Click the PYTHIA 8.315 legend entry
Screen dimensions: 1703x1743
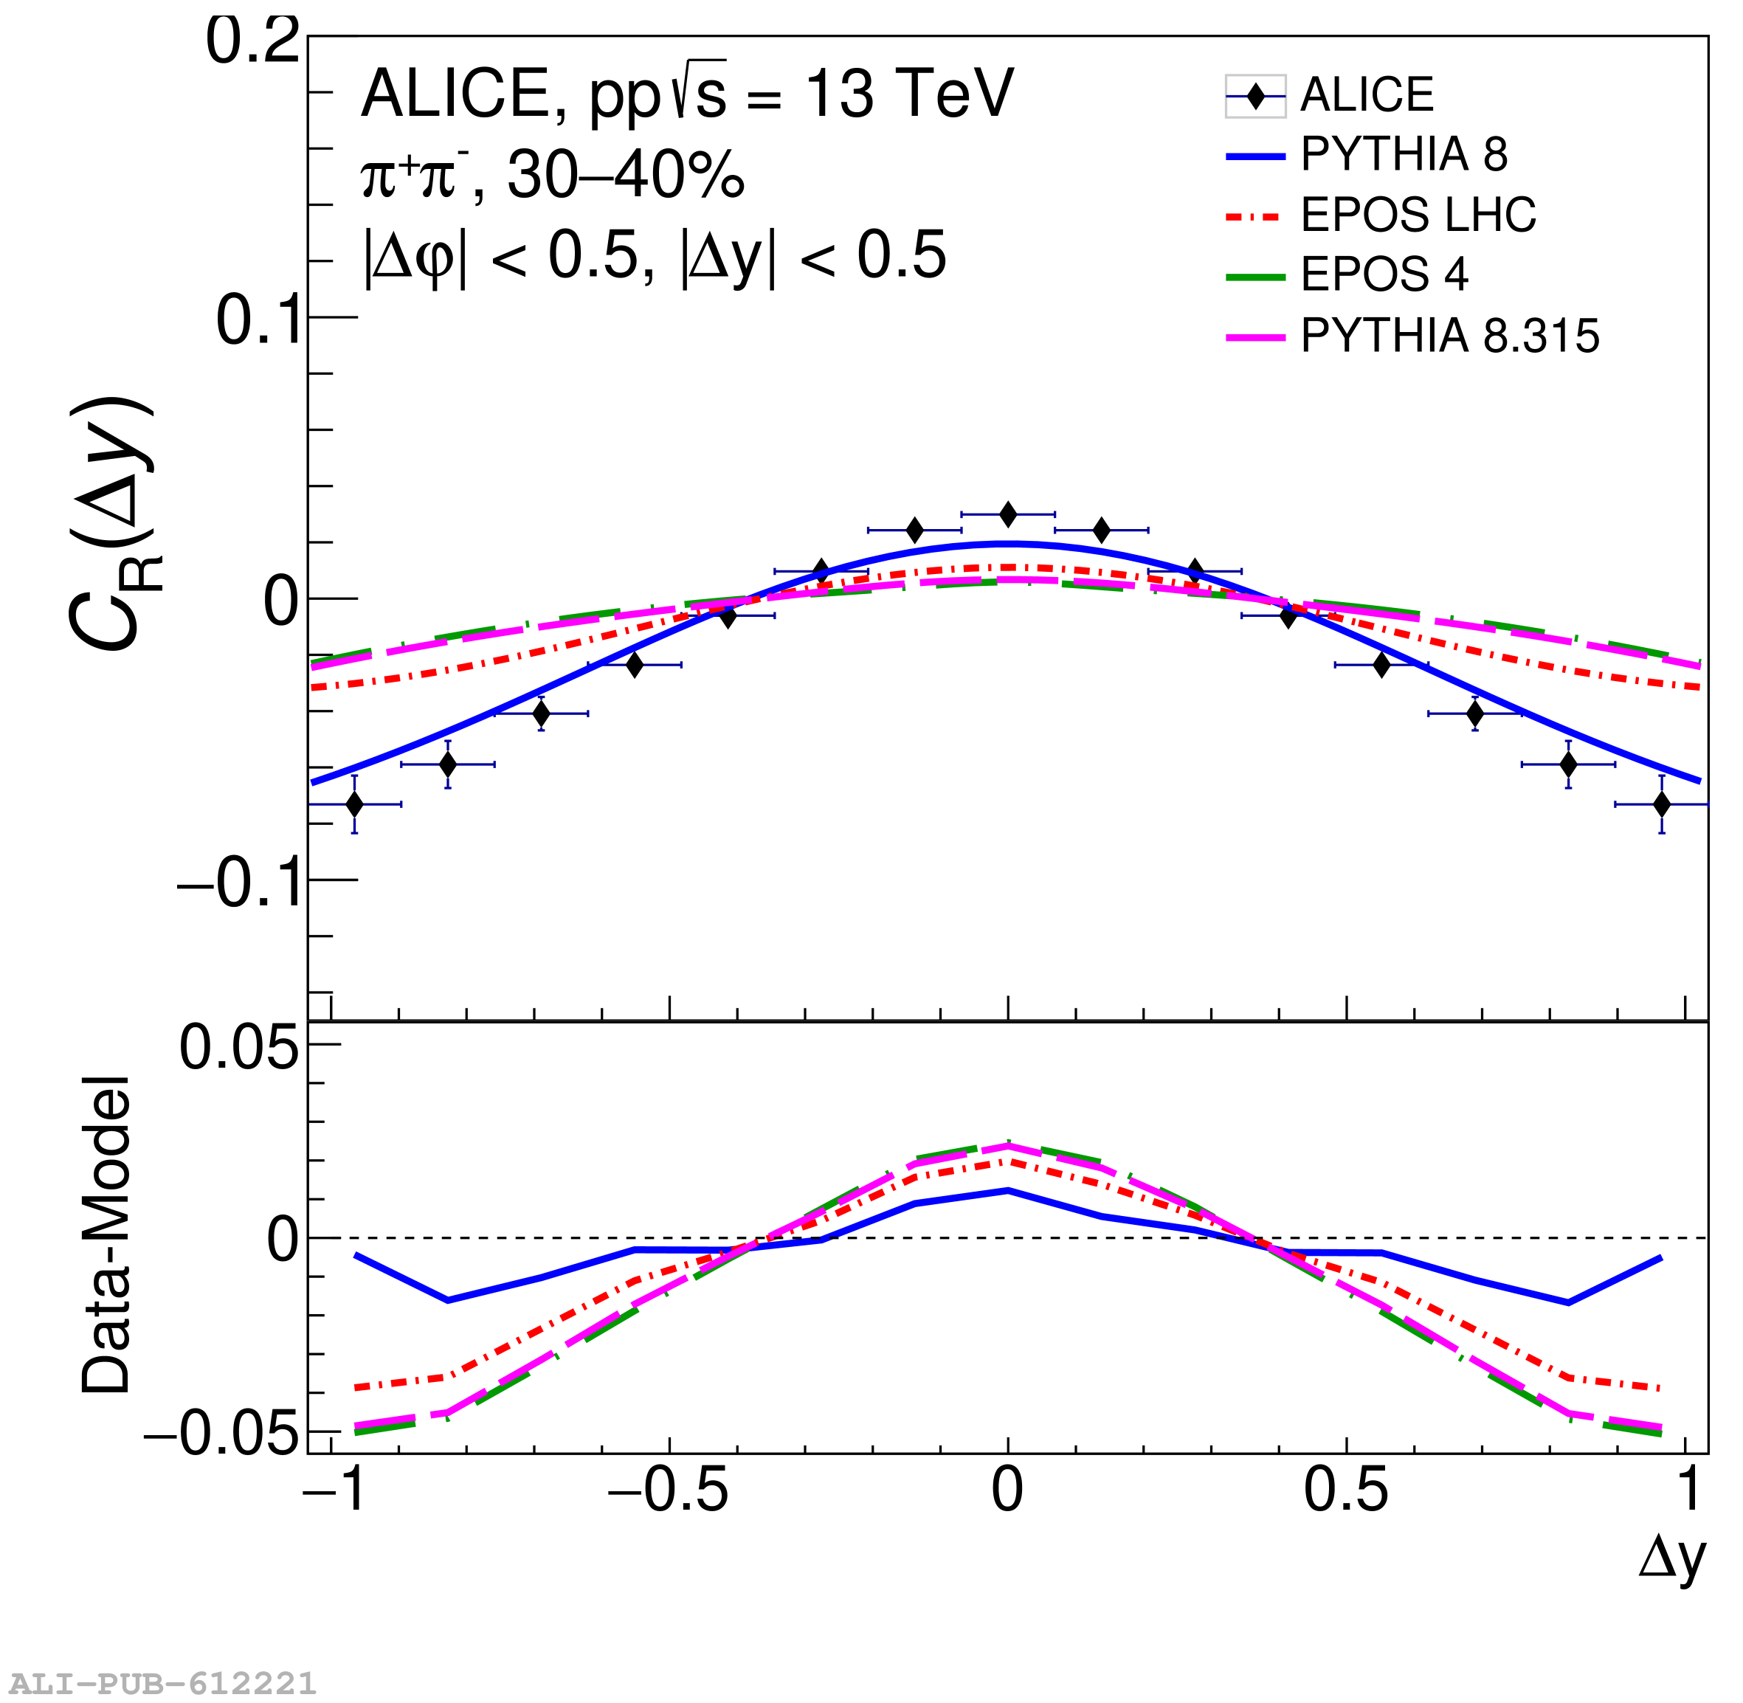1449,336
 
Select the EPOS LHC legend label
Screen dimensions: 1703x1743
1418,215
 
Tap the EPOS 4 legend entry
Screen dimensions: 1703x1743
1384,274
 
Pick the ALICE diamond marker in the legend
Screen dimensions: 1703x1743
1256,97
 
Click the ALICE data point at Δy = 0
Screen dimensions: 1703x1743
1008,514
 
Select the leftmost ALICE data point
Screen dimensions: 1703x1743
354,804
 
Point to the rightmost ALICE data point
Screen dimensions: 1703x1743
1662,804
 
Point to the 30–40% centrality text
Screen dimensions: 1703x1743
626,176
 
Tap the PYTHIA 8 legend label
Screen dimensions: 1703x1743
1404,155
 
